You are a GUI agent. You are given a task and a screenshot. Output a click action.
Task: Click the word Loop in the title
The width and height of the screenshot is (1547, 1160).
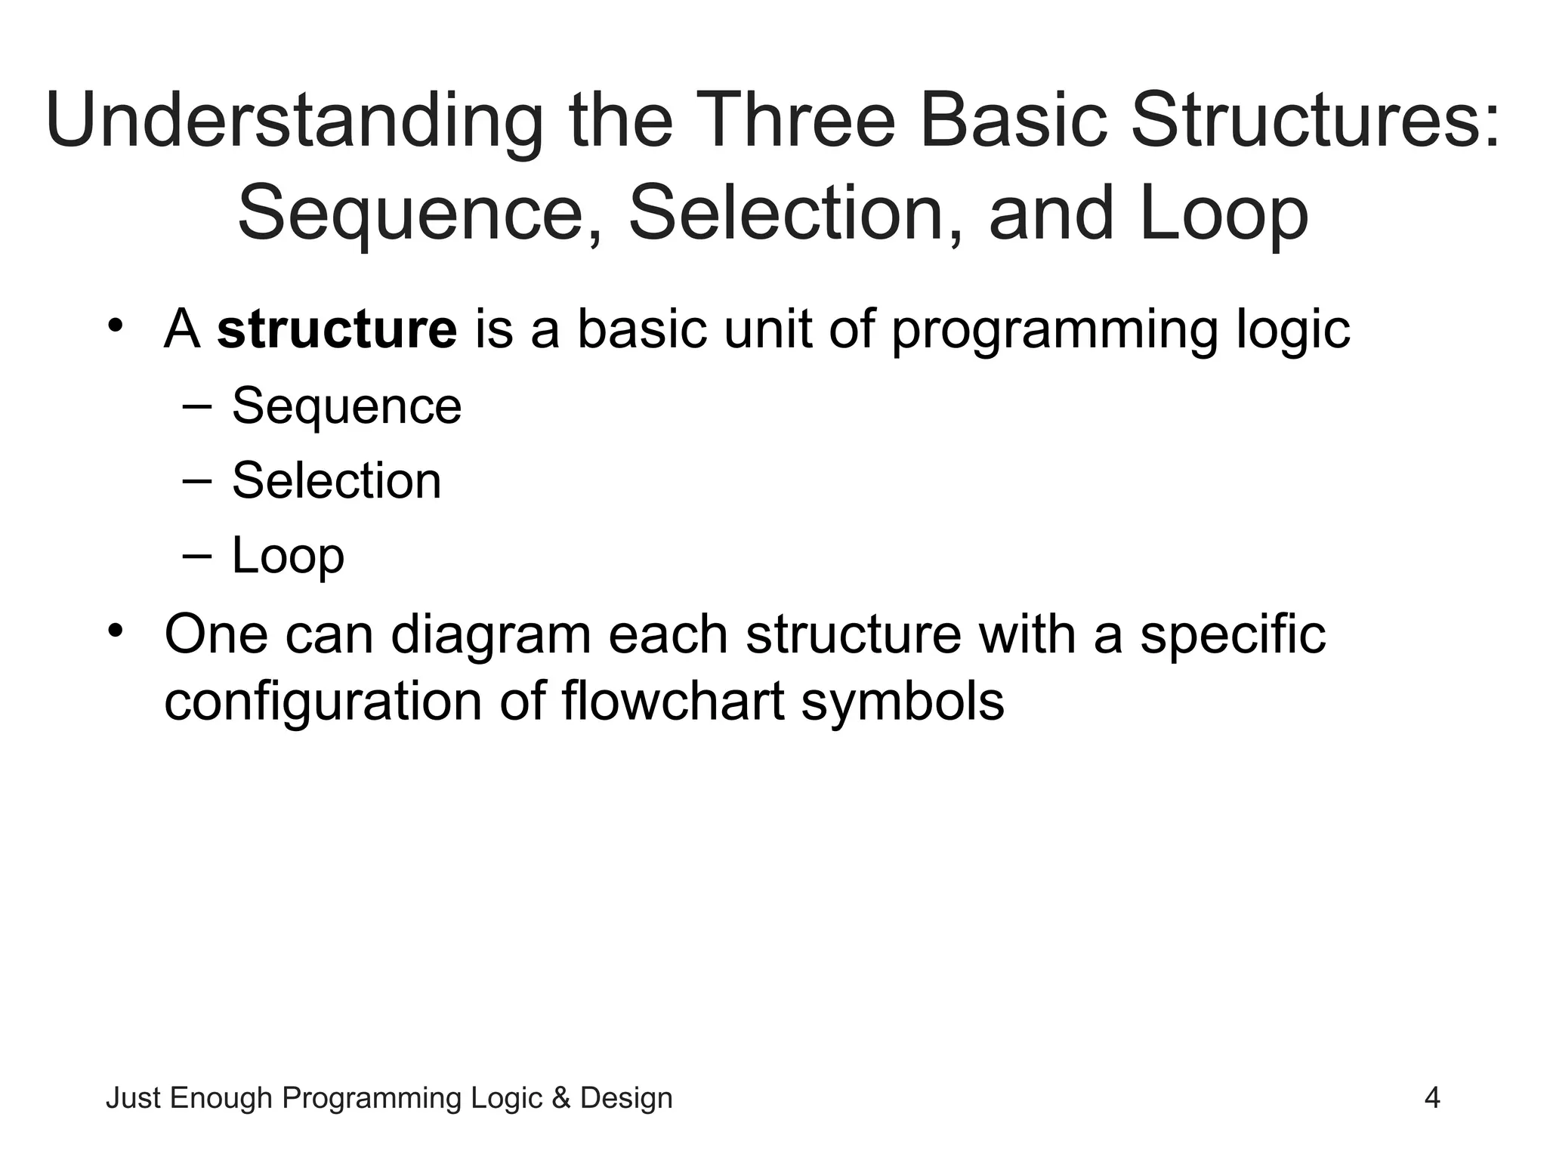(x=1224, y=215)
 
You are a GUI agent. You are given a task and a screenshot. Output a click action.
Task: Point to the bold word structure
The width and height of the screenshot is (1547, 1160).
(x=337, y=330)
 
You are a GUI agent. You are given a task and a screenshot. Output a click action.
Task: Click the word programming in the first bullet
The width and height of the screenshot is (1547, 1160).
(x=1054, y=330)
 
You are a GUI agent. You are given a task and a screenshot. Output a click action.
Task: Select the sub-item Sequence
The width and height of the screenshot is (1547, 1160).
(x=346, y=407)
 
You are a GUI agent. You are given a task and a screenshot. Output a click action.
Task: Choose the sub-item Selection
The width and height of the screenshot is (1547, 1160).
(x=336, y=481)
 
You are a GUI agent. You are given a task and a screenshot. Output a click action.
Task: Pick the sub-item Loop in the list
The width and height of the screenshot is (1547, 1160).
(x=288, y=557)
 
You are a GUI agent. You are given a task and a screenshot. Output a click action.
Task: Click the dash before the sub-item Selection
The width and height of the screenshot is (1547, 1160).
(x=197, y=481)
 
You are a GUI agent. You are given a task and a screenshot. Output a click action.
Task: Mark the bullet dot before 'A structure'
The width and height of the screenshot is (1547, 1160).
(x=115, y=326)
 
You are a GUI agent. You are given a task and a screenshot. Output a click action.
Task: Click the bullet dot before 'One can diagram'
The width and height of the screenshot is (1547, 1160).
(x=115, y=630)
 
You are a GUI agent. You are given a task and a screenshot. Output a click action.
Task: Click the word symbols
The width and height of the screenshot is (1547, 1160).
(x=902, y=702)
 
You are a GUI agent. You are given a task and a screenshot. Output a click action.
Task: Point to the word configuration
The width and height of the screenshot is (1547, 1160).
(x=323, y=702)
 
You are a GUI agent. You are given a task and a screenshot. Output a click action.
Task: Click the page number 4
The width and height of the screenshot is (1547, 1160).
(x=1431, y=1098)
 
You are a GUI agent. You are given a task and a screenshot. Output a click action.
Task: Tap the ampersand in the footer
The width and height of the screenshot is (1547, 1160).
(x=560, y=1098)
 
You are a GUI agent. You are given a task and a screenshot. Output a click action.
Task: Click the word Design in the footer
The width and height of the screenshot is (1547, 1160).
(x=625, y=1098)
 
